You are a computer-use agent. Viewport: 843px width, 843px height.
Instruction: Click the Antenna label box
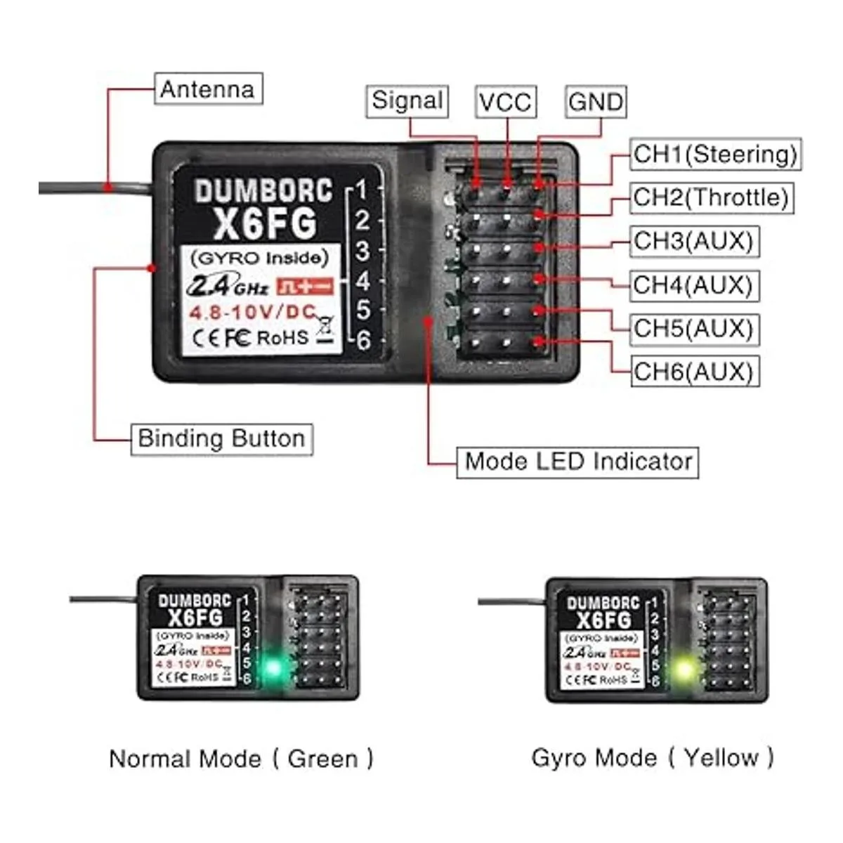(208, 89)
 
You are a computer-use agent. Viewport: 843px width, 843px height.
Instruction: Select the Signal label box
(407, 101)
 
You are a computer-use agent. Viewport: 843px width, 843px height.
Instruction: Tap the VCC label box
(505, 102)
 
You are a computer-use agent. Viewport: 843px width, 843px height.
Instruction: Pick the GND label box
(595, 102)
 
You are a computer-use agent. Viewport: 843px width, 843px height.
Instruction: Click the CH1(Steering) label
(715, 154)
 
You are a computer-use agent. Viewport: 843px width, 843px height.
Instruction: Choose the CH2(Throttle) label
(710, 197)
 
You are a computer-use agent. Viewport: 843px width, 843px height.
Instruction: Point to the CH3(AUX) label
(693, 241)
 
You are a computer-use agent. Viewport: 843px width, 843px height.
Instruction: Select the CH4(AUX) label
(693, 285)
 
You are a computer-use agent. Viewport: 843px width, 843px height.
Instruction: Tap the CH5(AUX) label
(693, 328)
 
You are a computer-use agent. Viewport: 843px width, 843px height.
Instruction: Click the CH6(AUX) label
(693, 372)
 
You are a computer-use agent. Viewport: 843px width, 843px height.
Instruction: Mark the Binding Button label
(221, 438)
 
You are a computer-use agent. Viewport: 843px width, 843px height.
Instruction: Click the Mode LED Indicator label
(577, 462)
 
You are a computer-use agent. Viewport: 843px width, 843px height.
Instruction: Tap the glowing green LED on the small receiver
(272, 667)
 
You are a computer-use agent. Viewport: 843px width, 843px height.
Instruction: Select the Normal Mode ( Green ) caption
(241, 759)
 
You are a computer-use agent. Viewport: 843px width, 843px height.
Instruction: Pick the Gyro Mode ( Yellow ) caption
(653, 757)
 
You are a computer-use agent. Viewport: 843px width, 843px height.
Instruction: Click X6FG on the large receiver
(264, 224)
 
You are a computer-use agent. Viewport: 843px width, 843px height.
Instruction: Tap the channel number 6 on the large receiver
(363, 341)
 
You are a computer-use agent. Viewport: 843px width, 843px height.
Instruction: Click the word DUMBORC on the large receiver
(263, 191)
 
